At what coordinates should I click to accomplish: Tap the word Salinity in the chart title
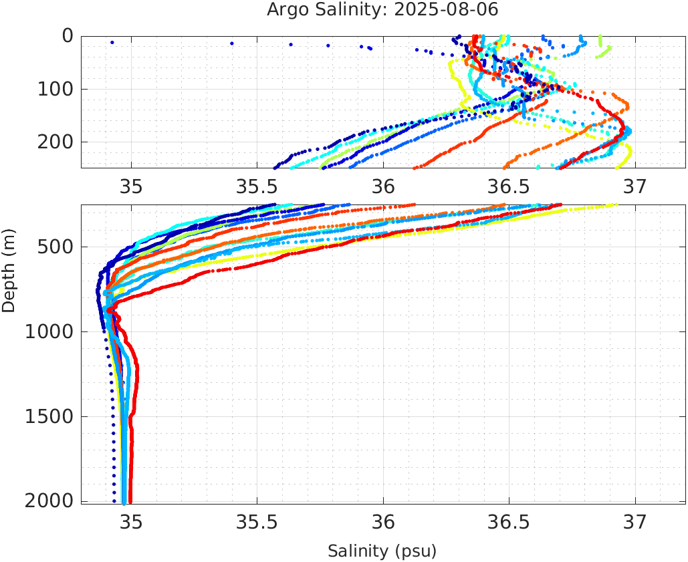point(338,10)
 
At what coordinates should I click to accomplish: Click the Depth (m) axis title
point(9,269)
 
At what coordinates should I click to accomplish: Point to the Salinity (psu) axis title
point(382,551)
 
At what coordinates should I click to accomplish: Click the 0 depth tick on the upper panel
point(68,36)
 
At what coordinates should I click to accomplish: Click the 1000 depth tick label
point(49,332)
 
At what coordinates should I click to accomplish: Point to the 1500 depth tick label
point(49,417)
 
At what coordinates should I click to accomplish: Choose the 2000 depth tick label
point(49,501)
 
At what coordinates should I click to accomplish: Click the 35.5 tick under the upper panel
point(257,184)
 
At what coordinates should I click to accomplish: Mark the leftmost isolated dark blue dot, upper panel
point(112,42)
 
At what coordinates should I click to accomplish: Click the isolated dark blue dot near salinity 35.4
point(231,43)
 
